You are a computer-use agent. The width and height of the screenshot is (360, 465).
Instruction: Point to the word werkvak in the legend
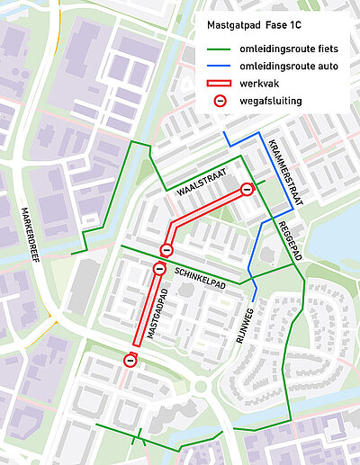(261, 83)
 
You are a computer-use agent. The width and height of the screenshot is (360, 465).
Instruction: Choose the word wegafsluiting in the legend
(271, 101)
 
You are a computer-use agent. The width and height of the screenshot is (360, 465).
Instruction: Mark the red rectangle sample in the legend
(219, 84)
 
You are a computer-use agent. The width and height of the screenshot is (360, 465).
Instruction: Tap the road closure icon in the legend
(219, 101)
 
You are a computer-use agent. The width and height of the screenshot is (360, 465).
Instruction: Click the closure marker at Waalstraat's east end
(247, 189)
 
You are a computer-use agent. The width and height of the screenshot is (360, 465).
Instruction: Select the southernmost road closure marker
(130, 361)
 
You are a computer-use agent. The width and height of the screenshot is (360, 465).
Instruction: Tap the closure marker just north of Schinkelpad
(166, 249)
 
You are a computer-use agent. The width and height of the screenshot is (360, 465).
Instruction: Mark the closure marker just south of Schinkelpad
(159, 268)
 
